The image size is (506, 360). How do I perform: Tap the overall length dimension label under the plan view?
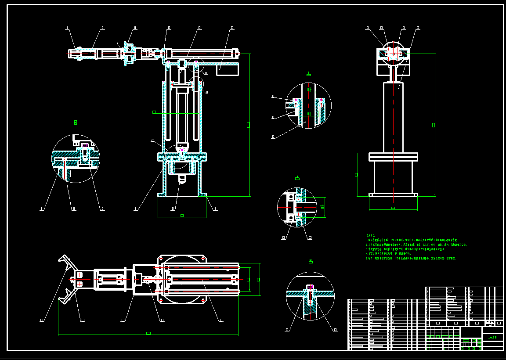148,333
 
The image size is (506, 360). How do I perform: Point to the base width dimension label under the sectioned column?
182,216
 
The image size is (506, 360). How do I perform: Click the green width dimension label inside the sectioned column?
154,112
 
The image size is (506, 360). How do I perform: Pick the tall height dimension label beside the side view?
434,125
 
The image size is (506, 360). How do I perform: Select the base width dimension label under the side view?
393,208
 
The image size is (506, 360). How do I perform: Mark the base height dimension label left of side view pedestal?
356,175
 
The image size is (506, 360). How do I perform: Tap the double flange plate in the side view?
393,157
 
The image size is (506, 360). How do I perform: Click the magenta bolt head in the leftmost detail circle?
85,146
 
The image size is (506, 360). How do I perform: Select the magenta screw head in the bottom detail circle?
310,288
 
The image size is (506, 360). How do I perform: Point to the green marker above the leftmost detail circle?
76,122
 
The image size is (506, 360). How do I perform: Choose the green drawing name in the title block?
492,338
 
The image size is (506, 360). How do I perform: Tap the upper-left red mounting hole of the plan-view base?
161,258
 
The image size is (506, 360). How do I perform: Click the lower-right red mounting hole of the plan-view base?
203,300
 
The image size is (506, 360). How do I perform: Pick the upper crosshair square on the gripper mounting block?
80,275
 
